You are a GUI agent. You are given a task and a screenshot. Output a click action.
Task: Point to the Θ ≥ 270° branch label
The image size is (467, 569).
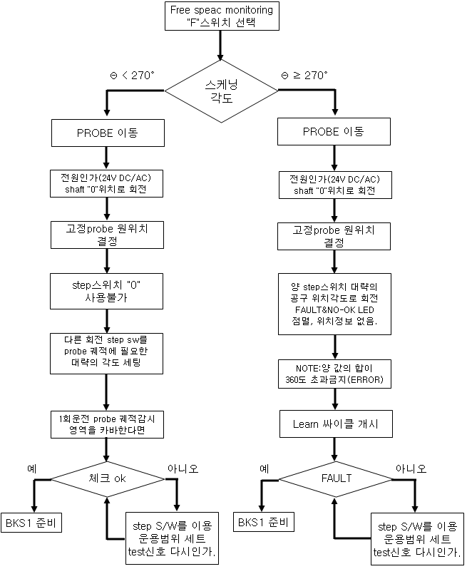coord(304,75)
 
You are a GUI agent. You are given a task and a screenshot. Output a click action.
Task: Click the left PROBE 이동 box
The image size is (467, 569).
coord(106,133)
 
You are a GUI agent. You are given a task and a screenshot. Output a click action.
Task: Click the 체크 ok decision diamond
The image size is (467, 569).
coord(106,478)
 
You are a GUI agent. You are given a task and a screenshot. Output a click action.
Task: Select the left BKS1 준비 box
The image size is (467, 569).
coord(33,523)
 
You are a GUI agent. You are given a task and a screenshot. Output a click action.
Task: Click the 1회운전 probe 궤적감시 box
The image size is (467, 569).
coord(106,424)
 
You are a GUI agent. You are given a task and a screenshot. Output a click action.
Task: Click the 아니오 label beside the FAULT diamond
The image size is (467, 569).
coord(411,468)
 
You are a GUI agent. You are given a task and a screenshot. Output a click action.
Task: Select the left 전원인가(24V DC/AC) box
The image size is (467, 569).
coord(106,184)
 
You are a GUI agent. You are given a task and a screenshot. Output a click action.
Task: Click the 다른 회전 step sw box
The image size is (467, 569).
coord(106,352)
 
